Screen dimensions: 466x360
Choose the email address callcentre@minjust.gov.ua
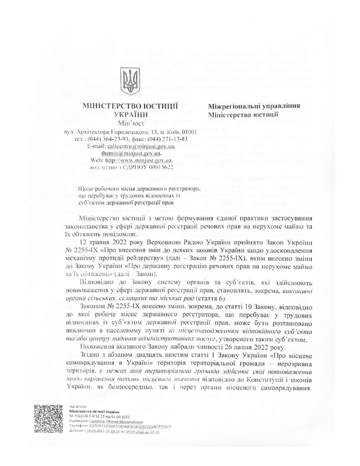click(x=141, y=146)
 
